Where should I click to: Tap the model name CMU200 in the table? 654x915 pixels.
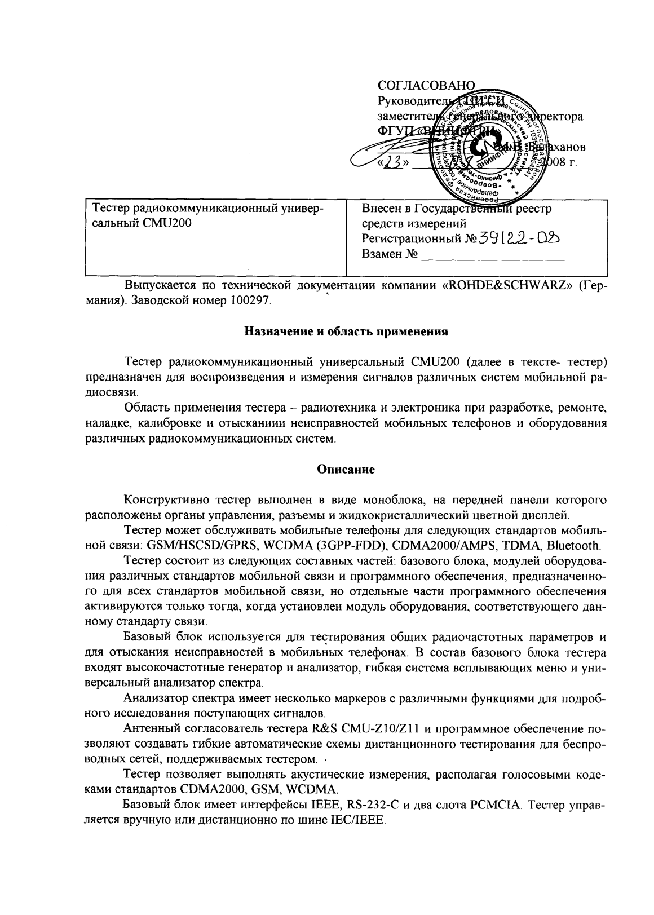pyautogui.click(x=171, y=223)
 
